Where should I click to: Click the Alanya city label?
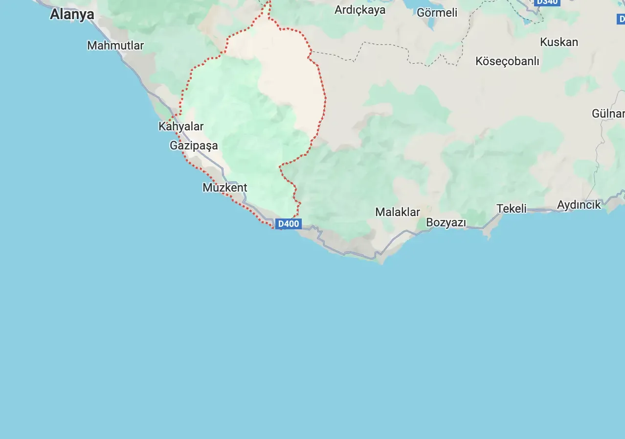coord(72,15)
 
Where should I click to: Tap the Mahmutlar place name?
coord(115,46)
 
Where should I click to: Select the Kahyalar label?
coord(181,126)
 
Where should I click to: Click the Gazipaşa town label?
coord(194,146)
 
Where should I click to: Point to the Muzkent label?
coord(225,188)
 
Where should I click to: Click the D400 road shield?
coord(288,224)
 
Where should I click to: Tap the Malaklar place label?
coord(398,212)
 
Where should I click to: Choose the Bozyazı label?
coord(446,222)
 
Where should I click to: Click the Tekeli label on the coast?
coord(512,209)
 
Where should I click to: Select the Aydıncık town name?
coord(579,205)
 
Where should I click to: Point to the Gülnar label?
coord(608,114)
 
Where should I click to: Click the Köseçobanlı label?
coord(507,61)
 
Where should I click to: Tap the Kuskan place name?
coord(559,42)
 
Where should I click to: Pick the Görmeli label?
coord(437,13)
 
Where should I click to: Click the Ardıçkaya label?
coord(360,10)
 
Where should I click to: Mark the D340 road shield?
coord(547,2)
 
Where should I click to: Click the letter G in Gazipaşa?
coord(174,146)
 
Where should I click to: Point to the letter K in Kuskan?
coord(543,42)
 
